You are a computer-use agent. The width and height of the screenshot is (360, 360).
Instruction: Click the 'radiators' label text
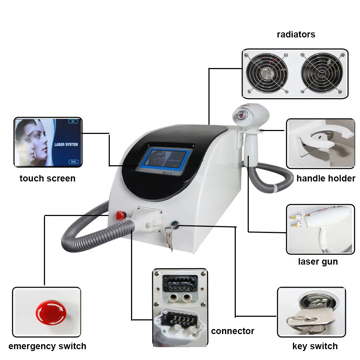(296, 35)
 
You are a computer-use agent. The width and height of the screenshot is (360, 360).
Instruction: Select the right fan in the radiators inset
(322, 73)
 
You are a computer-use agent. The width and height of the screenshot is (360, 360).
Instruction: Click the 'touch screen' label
(48, 179)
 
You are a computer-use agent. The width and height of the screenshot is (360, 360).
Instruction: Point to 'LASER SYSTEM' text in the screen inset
(66, 144)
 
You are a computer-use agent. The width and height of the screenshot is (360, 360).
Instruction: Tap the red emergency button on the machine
(121, 216)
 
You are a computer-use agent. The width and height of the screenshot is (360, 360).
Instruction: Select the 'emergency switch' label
(47, 346)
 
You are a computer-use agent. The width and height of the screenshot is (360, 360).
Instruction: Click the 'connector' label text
(233, 331)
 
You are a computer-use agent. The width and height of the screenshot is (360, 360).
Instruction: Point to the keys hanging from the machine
(169, 239)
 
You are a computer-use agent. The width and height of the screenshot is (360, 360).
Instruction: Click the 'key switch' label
(315, 346)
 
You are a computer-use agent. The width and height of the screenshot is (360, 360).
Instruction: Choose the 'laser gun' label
(318, 261)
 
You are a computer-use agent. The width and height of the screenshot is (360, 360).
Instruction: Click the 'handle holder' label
(326, 179)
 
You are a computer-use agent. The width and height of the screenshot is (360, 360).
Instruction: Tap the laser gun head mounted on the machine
(251, 115)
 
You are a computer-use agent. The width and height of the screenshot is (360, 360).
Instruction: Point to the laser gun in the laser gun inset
(326, 220)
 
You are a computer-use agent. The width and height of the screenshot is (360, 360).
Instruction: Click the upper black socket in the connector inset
(180, 284)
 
